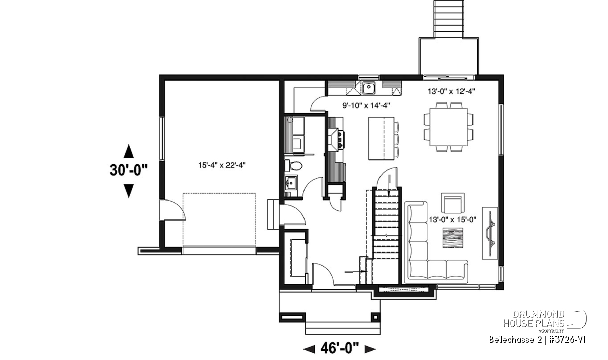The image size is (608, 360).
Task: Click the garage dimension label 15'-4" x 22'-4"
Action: pyautogui.click(x=222, y=165)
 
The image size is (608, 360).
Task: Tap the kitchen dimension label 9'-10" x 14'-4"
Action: pyautogui.click(x=366, y=105)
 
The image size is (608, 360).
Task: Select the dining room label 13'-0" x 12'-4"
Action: pyautogui.click(x=451, y=91)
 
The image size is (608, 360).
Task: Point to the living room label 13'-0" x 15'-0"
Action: pyautogui.click(x=452, y=219)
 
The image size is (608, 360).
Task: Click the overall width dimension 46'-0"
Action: pyautogui.click(x=339, y=348)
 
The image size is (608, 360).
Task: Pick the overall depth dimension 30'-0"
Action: pyautogui.click(x=129, y=170)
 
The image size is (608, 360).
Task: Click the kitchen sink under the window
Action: pyautogui.click(x=369, y=88)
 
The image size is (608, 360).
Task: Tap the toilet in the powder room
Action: pyautogui.click(x=293, y=166)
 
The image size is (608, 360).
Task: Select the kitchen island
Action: pyautogui.click(x=381, y=138)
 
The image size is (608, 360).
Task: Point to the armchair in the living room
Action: pyautogui.click(x=452, y=203)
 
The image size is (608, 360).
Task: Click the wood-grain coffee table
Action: pyautogui.click(x=453, y=237)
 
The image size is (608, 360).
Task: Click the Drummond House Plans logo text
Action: pyautogui.click(x=534, y=319)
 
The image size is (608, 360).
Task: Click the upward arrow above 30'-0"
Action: pyautogui.click(x=129, y=151)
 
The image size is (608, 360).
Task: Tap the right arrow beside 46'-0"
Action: pyautogui.click(x=370, y=349)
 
